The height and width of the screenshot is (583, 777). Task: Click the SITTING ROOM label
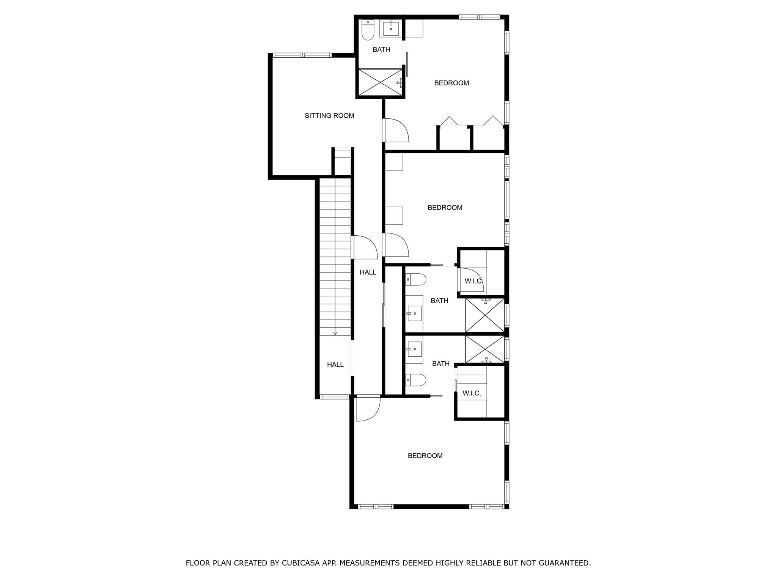[329, 116]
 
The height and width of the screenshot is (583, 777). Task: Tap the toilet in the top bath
[368, 30]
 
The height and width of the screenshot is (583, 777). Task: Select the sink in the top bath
[391, 28]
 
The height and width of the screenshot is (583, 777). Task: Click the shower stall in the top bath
[380, 82]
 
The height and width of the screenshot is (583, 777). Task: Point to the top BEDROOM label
[451, 83]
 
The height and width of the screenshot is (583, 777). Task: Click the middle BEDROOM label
[445, 208]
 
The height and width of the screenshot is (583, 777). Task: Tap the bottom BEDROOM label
[425, 456]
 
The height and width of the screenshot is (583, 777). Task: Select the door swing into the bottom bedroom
[368, 408]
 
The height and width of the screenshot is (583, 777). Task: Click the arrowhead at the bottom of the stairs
[335, 334]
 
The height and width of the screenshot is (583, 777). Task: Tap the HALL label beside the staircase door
[368, 272]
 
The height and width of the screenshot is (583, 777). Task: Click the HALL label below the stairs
[335, 365]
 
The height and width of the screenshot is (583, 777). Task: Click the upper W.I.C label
[473, 281]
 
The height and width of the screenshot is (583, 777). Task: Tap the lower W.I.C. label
[472, 394]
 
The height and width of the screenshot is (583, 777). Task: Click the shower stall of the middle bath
[485, 315]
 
